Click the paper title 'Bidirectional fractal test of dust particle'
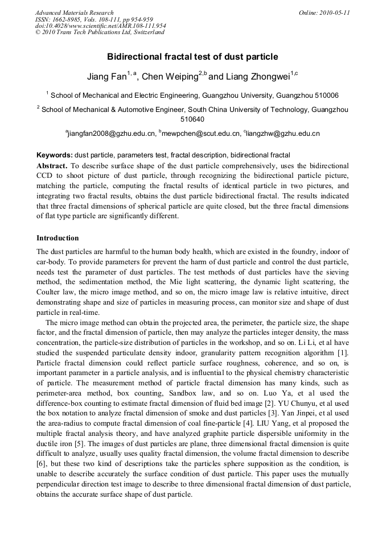(x=192, y=57)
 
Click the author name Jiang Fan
(x=106, y=77)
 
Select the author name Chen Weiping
(x=169, y=77)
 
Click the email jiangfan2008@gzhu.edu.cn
(x=112, y=134)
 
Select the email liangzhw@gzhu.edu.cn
(x=283, y=134)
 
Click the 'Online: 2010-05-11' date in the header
(x=324, y=13)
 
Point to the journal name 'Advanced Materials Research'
(x=74, y=13)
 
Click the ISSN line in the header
(x=94, y=19)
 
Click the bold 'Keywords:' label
(x=54, y=155)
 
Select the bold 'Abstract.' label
(x=52, y=165)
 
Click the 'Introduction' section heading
(x=58, y=238)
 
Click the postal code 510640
(x=192, y=120)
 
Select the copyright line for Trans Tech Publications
(x=100, y=32)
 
